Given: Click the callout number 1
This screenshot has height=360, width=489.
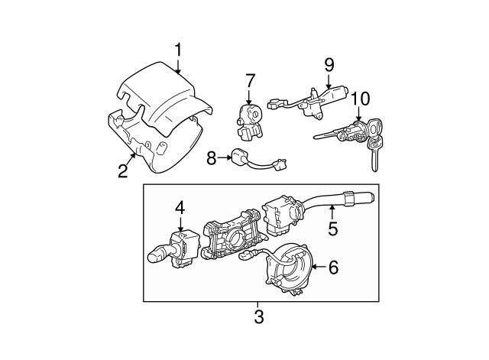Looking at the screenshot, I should [178, 50].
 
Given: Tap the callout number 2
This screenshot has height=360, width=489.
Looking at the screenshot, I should [122, 170].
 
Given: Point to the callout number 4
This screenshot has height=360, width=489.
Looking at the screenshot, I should [180, 206].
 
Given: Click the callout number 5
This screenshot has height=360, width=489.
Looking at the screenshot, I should [333, 227].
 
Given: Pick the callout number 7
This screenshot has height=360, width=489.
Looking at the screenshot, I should [250, 80].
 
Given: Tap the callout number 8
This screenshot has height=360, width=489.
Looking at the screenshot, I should [212, 158].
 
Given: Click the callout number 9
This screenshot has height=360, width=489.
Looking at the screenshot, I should [329, 64].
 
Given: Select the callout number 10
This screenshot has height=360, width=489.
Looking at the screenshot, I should [360, 99].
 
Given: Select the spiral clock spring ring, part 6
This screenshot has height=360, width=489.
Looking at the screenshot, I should [289, 268].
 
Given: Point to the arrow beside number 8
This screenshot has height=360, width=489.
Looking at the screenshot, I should [227, 158].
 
